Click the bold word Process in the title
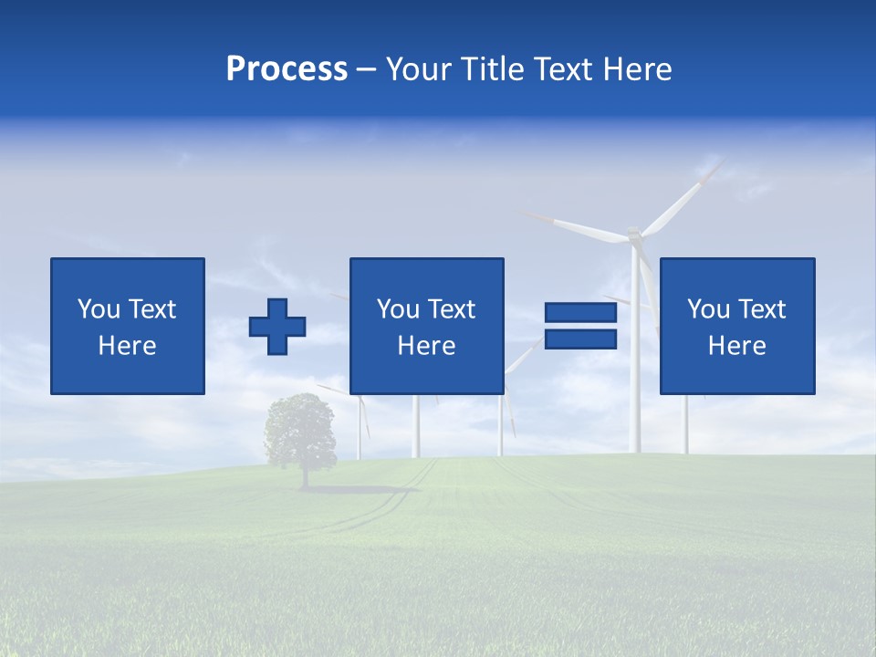[x=287, y=69]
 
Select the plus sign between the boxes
[x=277, y=327]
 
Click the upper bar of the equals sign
[x=580, y=313]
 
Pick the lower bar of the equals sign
[x=580, y=339]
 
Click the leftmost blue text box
[x=128, y=274]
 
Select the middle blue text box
[x=426, y=274]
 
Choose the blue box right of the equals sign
[x=736, y=274]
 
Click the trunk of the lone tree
[x=304, y=476]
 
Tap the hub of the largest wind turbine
[x=634, y=235]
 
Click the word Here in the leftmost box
[x=127, y=346]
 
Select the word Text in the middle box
[x=453, y=309]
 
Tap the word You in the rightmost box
[x=708, y=309]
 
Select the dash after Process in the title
[x=366, y=69]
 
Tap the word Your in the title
[x=419, y=69]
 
